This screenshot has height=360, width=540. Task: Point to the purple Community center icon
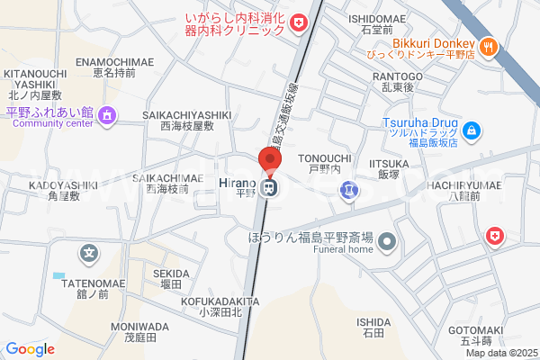pos(107,114)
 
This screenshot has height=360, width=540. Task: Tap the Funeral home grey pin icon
pos(387,240)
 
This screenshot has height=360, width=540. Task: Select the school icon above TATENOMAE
pos(87,255)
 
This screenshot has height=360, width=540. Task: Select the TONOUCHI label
pos(331,157)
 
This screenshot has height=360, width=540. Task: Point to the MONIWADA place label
pos(139,326)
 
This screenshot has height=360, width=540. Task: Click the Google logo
pos(30,349)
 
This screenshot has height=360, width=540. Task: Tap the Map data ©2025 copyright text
pos(500,353)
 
